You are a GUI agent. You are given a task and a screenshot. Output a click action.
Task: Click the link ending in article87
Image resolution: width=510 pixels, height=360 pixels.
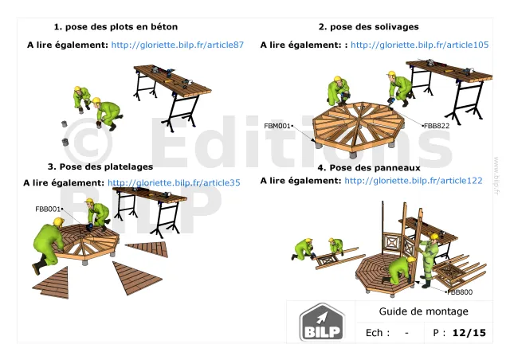point(177,45)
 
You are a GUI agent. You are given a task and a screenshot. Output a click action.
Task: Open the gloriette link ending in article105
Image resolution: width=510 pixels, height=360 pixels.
point(420,45)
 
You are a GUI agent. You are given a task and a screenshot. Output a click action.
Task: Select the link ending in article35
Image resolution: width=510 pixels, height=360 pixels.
point(174,182)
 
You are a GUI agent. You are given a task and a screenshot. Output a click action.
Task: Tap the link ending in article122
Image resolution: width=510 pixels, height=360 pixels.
point(414,181)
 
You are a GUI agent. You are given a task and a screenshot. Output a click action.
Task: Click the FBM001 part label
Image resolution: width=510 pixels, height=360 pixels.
point(277,126)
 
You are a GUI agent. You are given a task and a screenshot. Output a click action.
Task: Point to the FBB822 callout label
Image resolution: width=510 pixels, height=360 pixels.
point(437,126)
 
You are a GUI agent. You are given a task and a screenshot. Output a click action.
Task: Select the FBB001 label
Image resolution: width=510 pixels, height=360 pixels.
point(48,209)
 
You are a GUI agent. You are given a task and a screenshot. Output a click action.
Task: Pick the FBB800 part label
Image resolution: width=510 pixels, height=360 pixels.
point(460,292)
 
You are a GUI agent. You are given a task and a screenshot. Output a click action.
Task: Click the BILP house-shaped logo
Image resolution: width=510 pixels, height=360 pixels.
point(322,322)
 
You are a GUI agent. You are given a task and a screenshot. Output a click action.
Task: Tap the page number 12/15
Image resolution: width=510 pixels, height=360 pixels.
point(469,333)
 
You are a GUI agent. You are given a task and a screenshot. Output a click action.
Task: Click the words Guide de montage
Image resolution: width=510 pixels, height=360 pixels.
point(423,311)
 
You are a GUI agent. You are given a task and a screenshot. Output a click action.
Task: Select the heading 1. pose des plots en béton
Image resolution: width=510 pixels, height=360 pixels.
point(116,26)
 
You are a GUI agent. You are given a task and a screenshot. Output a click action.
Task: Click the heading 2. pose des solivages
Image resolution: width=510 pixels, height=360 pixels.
point(368,26)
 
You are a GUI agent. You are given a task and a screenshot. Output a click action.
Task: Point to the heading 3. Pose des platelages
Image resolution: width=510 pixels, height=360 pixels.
point(100,166)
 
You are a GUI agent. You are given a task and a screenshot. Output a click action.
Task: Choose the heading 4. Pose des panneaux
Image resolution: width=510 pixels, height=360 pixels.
point(369,168)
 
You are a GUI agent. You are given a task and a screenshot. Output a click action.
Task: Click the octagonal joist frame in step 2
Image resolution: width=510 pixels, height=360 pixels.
point(358,127)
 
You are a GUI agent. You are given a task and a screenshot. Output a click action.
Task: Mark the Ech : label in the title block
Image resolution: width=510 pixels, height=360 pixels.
point(378,333)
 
